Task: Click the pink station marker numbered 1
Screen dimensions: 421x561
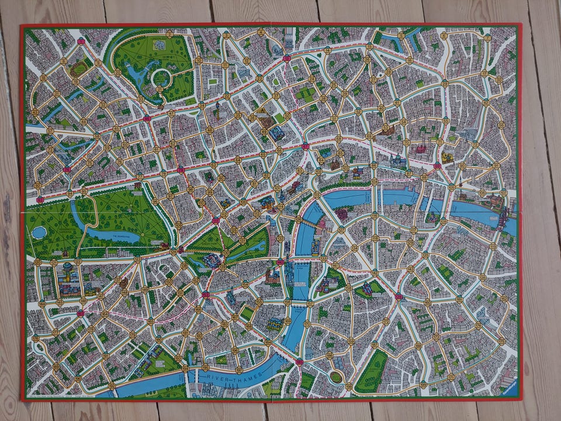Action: click(81, 41)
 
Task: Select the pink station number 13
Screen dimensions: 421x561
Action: click(287, 58)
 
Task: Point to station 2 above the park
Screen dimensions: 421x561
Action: click(169, 34)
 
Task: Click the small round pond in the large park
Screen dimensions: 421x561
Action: click(39, 232)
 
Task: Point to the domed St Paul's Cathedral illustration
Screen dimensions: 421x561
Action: click(398, 158)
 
